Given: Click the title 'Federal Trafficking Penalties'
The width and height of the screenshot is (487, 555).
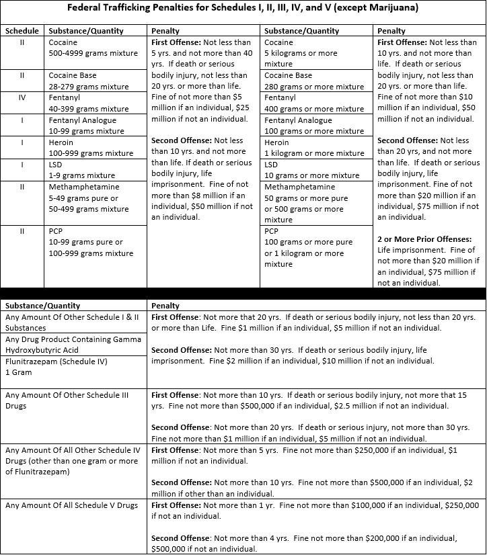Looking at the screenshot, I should pos(243,9).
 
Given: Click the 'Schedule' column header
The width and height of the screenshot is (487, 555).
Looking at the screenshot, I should pos(22,31).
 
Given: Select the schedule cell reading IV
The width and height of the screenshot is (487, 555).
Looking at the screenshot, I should pos(22,97).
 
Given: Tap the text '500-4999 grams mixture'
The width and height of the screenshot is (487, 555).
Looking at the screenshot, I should pos(88,53).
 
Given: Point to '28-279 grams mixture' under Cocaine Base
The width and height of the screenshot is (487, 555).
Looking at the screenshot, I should pos(88,87).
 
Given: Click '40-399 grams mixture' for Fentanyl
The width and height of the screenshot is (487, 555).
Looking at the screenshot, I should pos(88,109).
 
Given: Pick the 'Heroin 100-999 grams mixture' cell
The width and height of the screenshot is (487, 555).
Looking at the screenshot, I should pos(91,148).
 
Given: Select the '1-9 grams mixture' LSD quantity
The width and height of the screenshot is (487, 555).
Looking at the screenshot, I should pos(81,175).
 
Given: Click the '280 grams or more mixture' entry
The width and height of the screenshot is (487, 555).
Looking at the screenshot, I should pos(314,87).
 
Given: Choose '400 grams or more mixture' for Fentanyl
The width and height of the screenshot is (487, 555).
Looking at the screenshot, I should pos(314,109).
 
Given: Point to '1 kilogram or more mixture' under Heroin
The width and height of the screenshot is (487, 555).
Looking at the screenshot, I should pos(310,153).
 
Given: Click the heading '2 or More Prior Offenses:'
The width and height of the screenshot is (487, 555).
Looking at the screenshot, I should pos(424,239).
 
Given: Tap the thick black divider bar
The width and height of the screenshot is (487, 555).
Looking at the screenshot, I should pos(243,294).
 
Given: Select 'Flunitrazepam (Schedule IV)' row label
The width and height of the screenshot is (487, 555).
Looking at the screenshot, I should pos(60,361).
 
